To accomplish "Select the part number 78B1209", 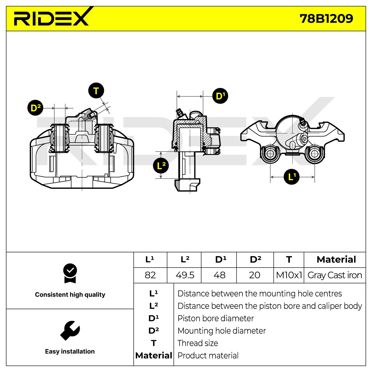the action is (x=326, y=19).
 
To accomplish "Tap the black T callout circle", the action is (x=96, y=91).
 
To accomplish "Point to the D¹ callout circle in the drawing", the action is (x=220, y=96).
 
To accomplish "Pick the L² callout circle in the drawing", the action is (x=161, y=166).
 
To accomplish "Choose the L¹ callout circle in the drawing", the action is (x=292, y=177).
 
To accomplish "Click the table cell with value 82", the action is (x=150, y=275).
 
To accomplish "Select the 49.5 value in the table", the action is (x=185, y=275).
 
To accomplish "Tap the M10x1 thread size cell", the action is (x=289, y=275).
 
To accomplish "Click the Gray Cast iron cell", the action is (x=335, y=275).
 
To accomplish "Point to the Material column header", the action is (x=336, y=259).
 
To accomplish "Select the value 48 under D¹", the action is (x=219, y=275).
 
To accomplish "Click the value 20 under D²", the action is (x=255, y=275).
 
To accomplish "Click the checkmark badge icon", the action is (x=70, y=273).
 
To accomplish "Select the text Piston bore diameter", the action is (x=215, y=318).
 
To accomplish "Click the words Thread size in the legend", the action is (x=198, y=343).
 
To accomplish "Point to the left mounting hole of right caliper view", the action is (x=270, y=154).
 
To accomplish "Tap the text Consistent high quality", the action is (x=70, y=294).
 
